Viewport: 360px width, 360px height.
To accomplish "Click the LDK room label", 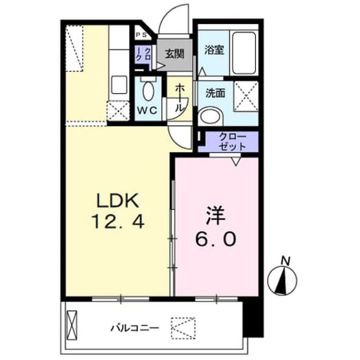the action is coord(118,201).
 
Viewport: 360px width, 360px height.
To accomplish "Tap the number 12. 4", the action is coord(118,221).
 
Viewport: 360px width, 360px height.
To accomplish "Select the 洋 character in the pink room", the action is coord(215,216).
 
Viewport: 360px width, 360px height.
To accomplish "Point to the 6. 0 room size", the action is coord(215,239).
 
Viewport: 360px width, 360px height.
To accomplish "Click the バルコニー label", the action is coord(135,328).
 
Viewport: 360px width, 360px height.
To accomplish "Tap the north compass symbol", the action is coord(282,281).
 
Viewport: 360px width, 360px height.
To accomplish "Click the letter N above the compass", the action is coord(286,261).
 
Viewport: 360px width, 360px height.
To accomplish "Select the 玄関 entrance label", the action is coord(175,54).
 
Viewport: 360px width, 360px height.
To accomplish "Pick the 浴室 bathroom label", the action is coord(214,50).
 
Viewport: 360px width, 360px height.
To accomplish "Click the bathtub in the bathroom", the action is coord(244,53).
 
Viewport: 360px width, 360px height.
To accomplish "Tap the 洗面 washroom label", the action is coord(215,93).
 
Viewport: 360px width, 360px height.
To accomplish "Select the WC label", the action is coord(147,111).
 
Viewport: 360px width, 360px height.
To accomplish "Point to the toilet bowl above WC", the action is coord(149,90).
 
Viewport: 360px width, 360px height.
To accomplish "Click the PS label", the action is coord(141,35).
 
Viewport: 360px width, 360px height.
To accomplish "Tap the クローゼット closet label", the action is coord(233,142).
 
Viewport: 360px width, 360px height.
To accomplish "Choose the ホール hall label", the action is coord(180,98).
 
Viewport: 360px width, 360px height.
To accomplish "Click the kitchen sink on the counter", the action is coord(119,85).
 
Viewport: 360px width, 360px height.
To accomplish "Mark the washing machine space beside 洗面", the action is coord(246,96).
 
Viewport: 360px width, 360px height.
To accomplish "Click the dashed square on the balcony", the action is coord(183,328).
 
